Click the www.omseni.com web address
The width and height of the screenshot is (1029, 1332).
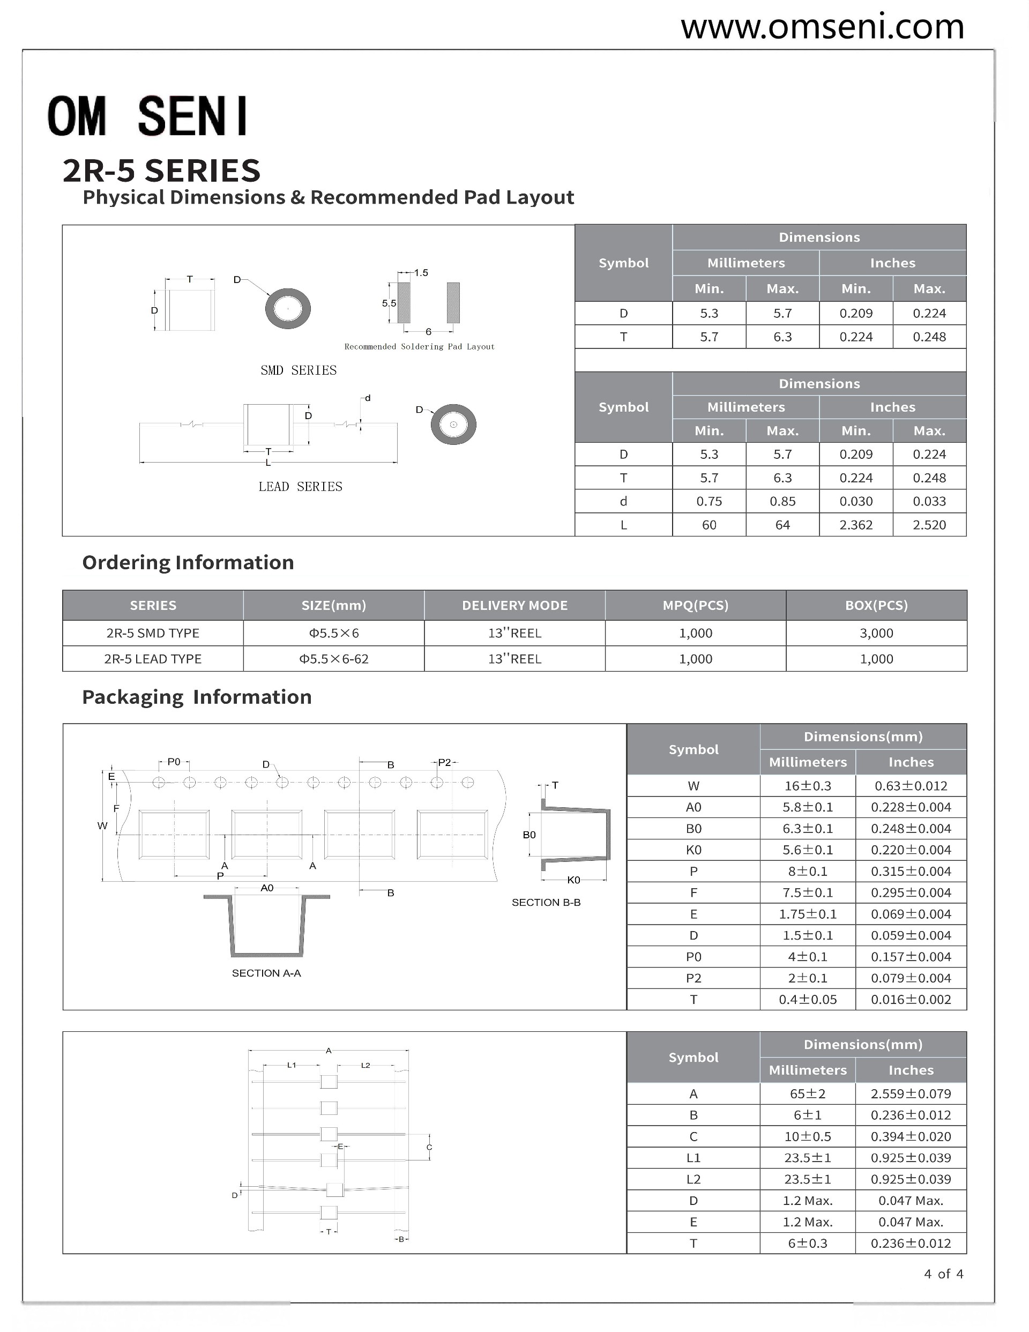(x=822, y=27)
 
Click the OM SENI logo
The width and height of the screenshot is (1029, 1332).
(x=147, y=116)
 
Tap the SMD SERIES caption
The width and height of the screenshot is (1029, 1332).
(x=299, y=370)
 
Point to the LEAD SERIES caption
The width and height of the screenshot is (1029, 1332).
(x=300, y=487)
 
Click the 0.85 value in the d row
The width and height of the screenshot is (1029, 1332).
(x=782, y=501)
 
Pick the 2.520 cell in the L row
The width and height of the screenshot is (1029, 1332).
(x=929, y=525)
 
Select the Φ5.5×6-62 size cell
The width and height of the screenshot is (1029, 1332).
(x=334, y=659)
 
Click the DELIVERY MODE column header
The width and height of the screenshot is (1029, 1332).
(x=514, y=606)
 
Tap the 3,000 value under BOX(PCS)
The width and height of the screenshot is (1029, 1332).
(x=876, y=633)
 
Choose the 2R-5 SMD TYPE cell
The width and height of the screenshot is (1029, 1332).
(x=153, y=633)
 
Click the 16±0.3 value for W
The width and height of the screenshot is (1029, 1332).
(x=808, y=786)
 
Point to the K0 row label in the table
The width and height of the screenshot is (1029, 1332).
(x=693, y=850)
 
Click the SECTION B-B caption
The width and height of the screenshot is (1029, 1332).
(x=546, y=903)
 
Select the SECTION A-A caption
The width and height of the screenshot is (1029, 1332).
(x=266, y=973)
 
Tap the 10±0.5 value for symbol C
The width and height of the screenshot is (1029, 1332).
(x=808, y=1137)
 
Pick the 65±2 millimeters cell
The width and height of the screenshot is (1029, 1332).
(x=808, y=1094)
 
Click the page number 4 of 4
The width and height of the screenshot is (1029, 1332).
(x=943, y=1274)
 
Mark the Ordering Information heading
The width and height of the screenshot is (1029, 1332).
(x=188, y=562)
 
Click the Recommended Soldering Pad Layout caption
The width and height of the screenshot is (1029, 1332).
(x=419, y=347)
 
